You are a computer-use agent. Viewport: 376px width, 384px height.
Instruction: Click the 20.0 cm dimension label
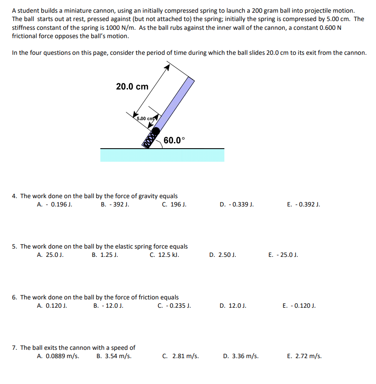point(132,86)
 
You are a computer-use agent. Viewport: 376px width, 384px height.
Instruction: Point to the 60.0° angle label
point(174,140)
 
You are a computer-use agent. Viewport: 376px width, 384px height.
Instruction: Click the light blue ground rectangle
point(162,155)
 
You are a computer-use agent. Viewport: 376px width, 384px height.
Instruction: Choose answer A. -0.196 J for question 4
point(55,204)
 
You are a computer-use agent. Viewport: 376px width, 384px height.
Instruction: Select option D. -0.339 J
point(237,204)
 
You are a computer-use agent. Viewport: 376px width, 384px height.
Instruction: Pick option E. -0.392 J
point(303,204)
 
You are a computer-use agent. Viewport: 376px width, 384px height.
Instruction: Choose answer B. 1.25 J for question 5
point(105,255)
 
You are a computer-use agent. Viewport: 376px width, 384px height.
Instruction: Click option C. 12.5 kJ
point(164,255)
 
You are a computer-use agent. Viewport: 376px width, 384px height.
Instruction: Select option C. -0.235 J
point(174,306)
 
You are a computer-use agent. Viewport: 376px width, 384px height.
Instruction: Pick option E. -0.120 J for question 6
point(299,306)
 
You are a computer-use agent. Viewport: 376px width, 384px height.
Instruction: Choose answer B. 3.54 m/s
point(114,356)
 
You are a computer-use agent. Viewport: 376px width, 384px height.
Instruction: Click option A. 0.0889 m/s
point(58,356)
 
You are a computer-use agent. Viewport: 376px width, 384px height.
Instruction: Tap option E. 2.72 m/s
point(304,356)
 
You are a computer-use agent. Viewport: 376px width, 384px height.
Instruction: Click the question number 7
point(15,348)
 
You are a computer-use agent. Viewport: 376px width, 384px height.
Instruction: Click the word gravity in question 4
point(148,196)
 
